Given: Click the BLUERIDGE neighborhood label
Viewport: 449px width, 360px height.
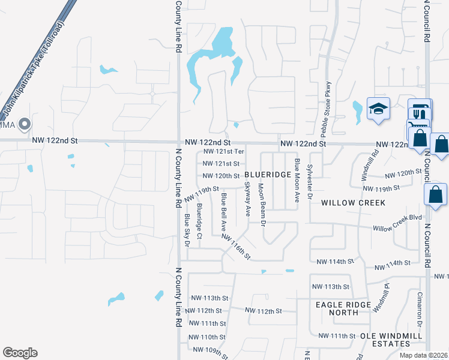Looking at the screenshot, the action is click(x=268, y=175).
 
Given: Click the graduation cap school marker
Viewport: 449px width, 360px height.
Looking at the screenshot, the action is click(x=378, y=109).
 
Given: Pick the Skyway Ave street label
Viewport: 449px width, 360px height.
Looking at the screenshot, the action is click(x=247, y=200).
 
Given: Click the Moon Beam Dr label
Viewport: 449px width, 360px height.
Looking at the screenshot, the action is click(x=262, y=204).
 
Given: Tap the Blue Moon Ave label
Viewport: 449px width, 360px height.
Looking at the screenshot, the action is click(x=297, y=179).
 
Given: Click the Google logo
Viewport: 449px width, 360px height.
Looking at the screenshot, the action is click(x=20, y=353).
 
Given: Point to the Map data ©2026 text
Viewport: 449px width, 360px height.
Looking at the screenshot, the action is click(x=424, y=355).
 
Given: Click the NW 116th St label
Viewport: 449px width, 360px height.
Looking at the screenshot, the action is click(x=235, y=246).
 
